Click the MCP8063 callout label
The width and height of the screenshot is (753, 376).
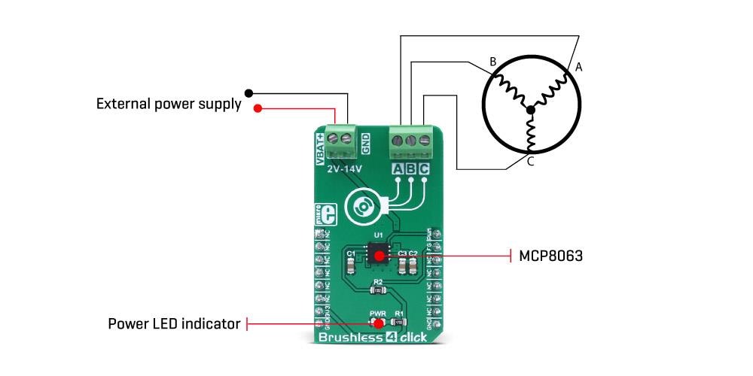pos(550,256)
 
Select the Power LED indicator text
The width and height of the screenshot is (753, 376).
pos(174,324)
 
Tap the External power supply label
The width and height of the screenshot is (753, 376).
pos(169,104)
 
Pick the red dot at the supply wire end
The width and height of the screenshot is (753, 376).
pos(258,108)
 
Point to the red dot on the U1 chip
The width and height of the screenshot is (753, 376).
pos(378,256)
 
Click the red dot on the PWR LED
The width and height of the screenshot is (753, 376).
pos(378,324)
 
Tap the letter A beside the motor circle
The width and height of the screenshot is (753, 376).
pos(579,68)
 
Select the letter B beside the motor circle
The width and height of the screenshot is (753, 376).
pos(493,61)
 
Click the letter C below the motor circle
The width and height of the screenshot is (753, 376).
pos(530,162)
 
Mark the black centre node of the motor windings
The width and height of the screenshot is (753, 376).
pos(531,111)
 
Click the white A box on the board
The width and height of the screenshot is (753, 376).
pos(397,168)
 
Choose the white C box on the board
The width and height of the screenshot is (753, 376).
pos(424,168)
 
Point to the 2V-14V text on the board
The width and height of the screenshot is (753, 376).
pos(346,169)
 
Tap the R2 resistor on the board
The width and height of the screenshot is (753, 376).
pos(378,290)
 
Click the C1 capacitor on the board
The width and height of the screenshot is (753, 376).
pos(351,265)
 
